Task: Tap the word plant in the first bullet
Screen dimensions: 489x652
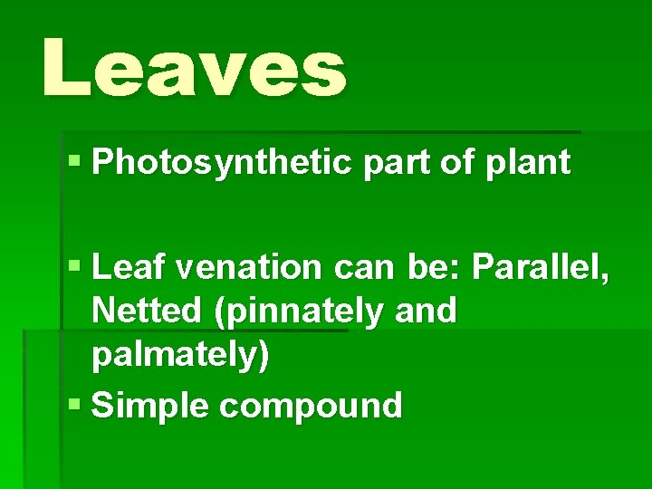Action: click(x=536, y=163)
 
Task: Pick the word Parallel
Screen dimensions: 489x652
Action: click(x=542, y=268)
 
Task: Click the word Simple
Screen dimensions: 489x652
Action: click(x=151, y=407)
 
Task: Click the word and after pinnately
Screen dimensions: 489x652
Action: click(x=426, y=311)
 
